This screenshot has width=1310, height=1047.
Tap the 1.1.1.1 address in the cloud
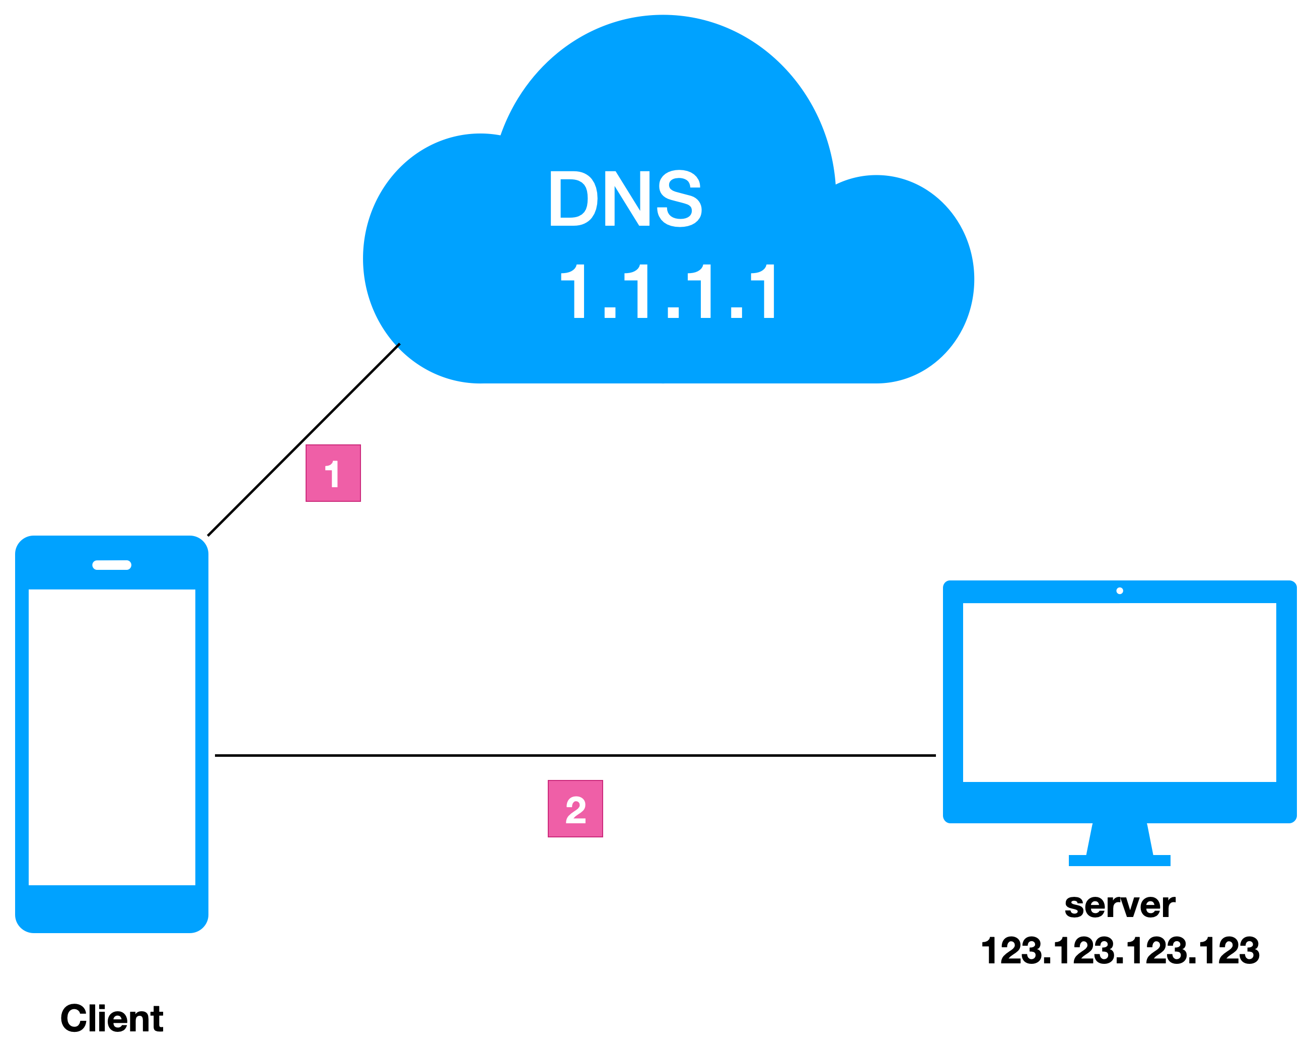pyautogui.click(x=667, y=291)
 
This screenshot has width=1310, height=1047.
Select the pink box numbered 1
pyautogui.click(x=333, y=473)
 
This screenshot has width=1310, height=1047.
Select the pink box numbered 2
pyautogui.click(x=575, y=809)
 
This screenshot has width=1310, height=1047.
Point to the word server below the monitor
pyautogui.click(x=1119, y=905)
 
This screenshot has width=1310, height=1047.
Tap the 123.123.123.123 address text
pyautogui.click(x=1120, y=950)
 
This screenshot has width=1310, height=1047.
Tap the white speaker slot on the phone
pyautogui.click(x=112, y=565)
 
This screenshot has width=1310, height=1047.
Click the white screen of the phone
pyautogui.click(x=112, y=736)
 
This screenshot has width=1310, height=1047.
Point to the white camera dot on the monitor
pyautogui.click(x=1120, y=591)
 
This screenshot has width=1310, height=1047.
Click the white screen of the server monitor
pyautogui.click(x=1119, y=692)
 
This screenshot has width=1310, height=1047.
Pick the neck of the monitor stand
pyautogui.click(x=1119, y=839)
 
